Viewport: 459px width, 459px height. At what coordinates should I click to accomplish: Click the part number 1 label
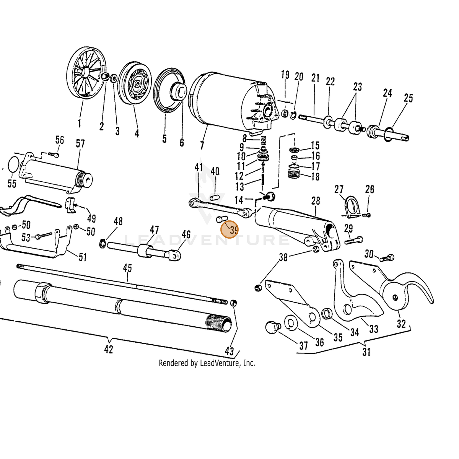(79, 123)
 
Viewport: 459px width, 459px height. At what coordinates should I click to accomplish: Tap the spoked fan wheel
(86, 72)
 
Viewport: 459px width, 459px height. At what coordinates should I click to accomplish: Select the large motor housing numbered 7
(234, 102)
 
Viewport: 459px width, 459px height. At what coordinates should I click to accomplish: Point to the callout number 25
(408, 98)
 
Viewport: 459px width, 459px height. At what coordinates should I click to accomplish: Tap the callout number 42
(109, 350)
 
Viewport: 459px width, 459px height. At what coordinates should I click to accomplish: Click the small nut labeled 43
(233, 303)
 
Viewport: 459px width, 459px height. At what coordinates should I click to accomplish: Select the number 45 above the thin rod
(127, 268)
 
